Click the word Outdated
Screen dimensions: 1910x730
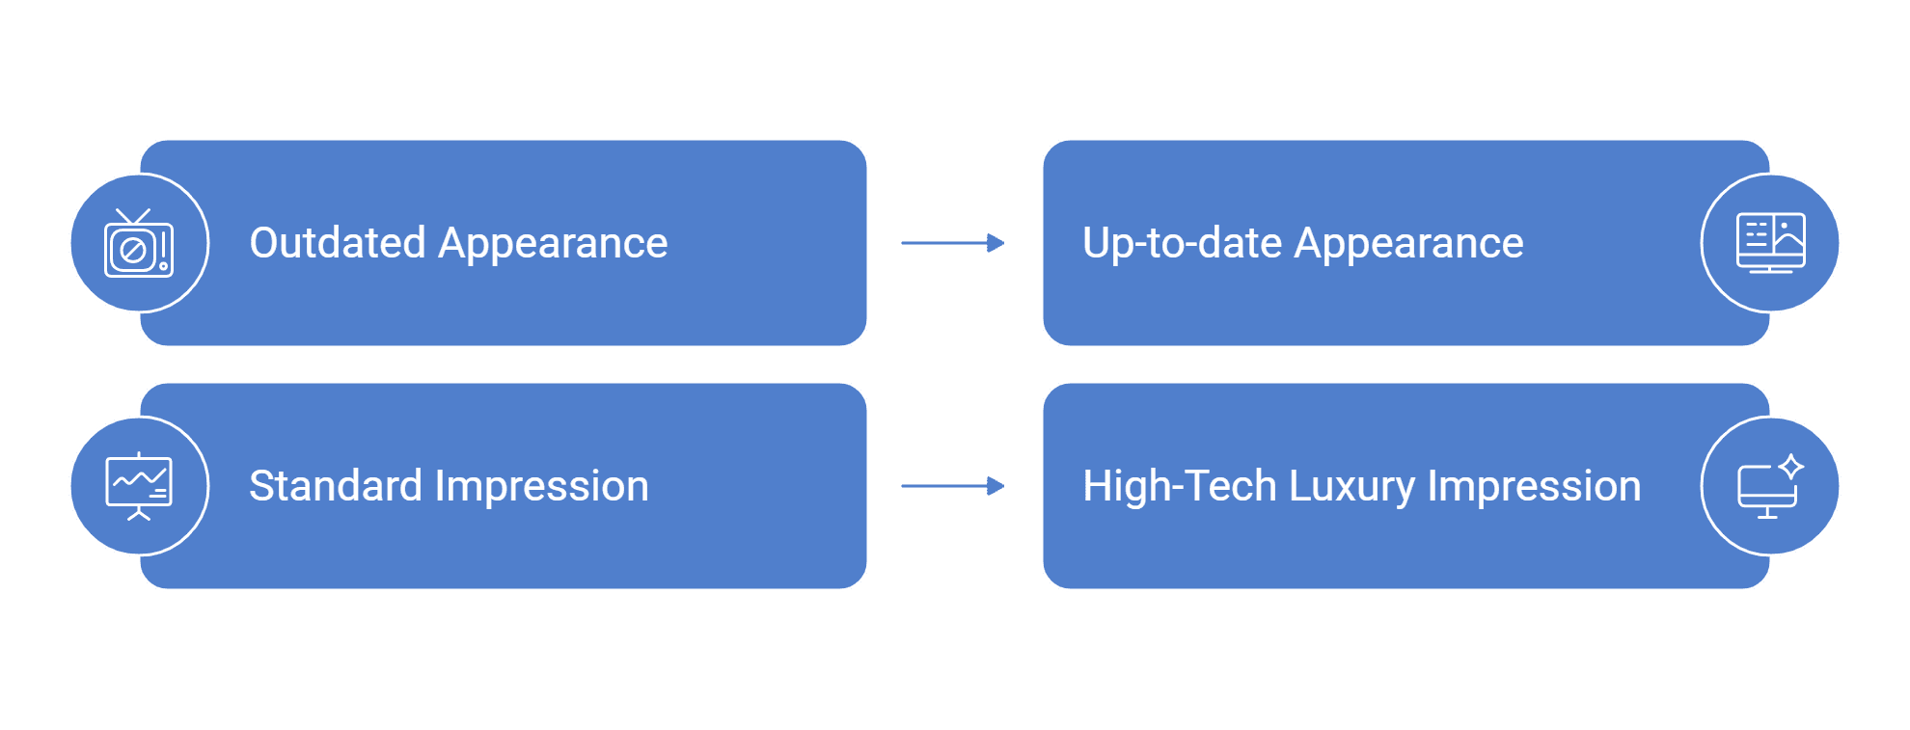[x=338, y=243]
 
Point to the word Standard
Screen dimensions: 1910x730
[x=336, y=486]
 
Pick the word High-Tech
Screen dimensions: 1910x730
[x=1180, y=486]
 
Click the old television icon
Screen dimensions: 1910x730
[x=139, y=243]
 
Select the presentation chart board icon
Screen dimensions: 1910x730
[x=139, y=486]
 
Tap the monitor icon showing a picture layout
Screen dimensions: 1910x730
[x=1770, y=243]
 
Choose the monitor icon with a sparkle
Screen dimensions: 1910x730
[x=1769, y=486]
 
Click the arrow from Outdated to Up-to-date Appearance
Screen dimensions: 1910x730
[x=953, y=243]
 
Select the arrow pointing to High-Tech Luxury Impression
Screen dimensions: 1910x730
[x=953, y=486]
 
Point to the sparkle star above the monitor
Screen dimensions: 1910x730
[x=1791, y=467]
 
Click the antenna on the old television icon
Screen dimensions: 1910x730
[x=133, y=217]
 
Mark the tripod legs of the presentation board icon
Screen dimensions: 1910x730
[x=139, y=515]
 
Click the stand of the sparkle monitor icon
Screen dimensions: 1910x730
[x=1767, y=512]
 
